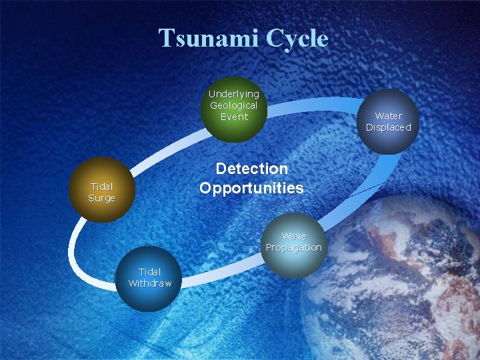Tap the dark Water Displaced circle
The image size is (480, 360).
(389, 122)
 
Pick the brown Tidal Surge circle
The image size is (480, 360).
(102, 189)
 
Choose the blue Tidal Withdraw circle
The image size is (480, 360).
(150, 279)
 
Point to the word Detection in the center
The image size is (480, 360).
(251, 169)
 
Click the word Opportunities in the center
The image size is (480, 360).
(251, 188)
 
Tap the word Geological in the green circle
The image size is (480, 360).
(233, 105)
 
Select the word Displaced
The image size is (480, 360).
(389, 127)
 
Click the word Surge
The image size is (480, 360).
(102, 198)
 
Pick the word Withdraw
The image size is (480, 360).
(150, 283)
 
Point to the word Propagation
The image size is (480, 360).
(293, 247)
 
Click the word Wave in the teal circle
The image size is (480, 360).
(293, 236)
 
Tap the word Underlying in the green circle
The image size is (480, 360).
(233, 94)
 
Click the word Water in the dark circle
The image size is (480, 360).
(389, 116)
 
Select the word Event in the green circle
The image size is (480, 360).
(233, 117)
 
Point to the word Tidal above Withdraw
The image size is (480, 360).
(150, 271)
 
